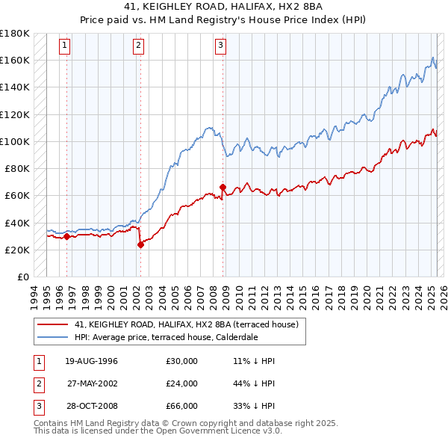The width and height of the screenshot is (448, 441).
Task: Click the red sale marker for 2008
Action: click(x=223, y=187)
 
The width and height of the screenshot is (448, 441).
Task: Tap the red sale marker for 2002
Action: click(x=140, y=244)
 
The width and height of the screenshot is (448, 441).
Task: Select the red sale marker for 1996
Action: click(x=66, y=236)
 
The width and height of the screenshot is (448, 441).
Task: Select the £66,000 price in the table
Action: click(x=182, y=406)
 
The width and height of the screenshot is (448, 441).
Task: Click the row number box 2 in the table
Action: click(x=37, y=383)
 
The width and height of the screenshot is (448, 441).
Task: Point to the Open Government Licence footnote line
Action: click(x=158, y=431)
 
